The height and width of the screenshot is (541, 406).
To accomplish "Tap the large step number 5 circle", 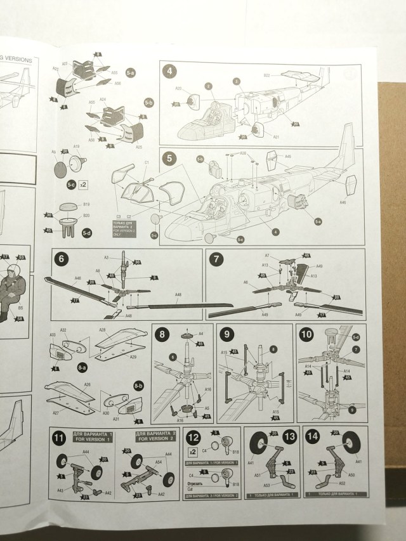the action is [x=169, y=158].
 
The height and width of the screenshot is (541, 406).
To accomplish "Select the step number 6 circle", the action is [x=61, y=259].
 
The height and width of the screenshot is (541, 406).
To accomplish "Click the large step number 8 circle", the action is [x=162, y=334].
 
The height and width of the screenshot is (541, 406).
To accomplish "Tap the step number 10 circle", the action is [x=306, y=334].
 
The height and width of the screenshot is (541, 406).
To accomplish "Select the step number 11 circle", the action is [x=59, y=436].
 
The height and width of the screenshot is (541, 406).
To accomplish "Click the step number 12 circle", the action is [x=193, y=436].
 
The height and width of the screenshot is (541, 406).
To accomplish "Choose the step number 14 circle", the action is [x=312, y=436].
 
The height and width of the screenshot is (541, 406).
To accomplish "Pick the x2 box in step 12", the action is [x=192, y=451].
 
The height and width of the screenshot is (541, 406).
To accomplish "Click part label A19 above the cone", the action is [x=76, y=147].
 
